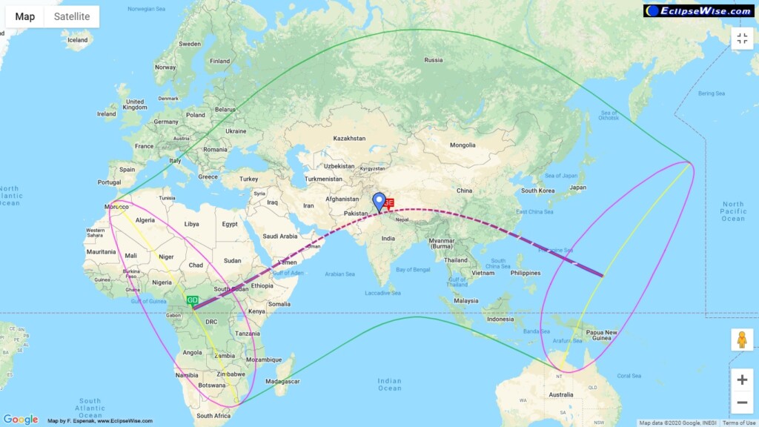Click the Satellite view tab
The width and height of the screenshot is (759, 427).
[71, 16]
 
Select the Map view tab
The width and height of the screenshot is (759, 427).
[24, 16]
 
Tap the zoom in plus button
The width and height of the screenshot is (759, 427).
[742, 380]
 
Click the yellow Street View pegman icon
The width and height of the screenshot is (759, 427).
[742, 340]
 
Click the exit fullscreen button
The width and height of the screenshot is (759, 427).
[742, 39]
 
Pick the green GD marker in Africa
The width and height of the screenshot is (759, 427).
[193, 301]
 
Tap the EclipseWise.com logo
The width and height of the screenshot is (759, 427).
[699, 10]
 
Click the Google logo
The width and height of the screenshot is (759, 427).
[20, 420]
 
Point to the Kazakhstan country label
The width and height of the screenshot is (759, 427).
[349, 139]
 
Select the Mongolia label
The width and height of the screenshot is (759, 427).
[463, 145]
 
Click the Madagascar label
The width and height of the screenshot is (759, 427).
[285, 381]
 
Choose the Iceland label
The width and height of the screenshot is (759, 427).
[77, 40]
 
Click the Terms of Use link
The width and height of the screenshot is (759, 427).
[739, 423]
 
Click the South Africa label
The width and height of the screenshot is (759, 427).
[214, 416]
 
